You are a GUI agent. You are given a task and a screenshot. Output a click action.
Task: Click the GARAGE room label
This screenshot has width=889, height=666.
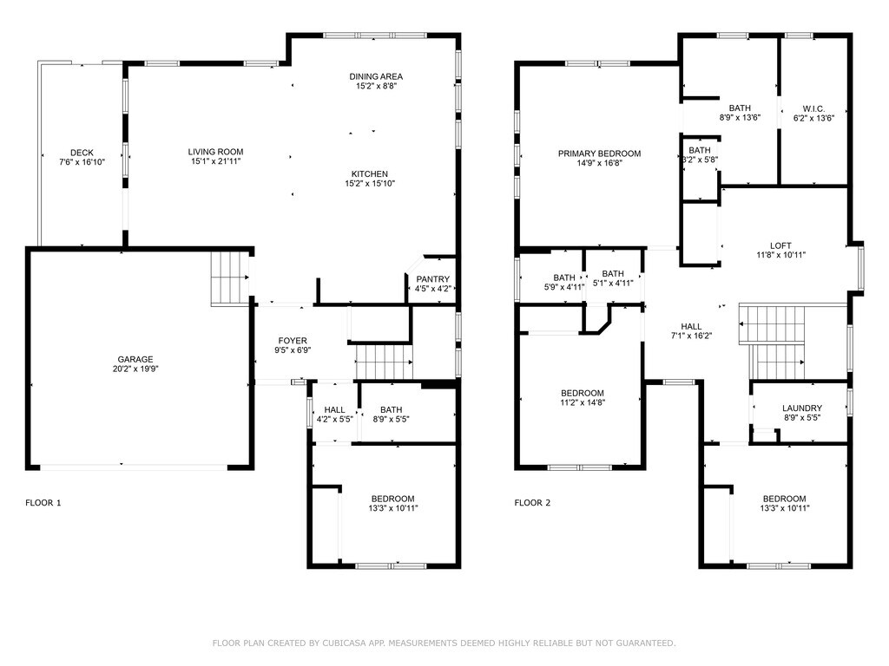(x=135, y=359)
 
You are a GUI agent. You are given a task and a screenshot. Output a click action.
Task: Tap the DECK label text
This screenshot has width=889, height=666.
(x=82, y=153)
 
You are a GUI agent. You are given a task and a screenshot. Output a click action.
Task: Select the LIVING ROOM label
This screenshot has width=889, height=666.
(x=215, y=152)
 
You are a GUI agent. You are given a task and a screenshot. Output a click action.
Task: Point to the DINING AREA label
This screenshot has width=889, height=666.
(x=376, y=76)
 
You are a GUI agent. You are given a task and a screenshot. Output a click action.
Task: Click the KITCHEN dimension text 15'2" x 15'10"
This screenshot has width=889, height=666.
(x=370, y=184)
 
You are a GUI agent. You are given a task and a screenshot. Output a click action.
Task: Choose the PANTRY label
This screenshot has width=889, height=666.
(x=432, y=279)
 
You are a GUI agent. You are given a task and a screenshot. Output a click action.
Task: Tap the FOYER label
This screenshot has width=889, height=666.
(x=293, y=340)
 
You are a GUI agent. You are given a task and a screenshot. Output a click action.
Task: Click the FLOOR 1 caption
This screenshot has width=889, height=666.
(x=43, y=502)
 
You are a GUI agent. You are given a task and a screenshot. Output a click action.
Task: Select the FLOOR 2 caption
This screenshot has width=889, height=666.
(x=532, y=502)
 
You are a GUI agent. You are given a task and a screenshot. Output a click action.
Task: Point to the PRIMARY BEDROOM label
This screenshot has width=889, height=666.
(x=599, y=153)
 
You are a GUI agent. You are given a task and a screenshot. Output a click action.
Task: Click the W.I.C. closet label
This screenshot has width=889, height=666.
(x=813, y=108)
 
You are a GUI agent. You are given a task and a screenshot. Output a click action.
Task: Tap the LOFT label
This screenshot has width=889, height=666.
(x=780, y=245)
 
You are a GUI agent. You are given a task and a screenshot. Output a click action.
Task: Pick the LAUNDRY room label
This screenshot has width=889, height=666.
(x=801, y=408)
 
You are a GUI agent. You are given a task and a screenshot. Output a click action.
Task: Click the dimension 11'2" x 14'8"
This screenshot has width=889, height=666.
(x=583, y=402)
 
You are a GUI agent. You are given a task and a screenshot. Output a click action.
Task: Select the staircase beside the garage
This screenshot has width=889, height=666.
(x=229, y=278)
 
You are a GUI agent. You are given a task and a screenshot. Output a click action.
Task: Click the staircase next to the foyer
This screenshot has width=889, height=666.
(x=384, y=362)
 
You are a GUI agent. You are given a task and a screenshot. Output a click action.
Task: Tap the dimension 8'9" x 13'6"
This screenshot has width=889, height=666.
(x=740, y=118)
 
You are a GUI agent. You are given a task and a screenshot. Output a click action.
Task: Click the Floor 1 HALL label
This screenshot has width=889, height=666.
(x=334, y=409)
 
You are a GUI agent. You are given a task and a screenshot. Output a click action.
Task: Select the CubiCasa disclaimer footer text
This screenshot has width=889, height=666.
(x=444, y=643)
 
